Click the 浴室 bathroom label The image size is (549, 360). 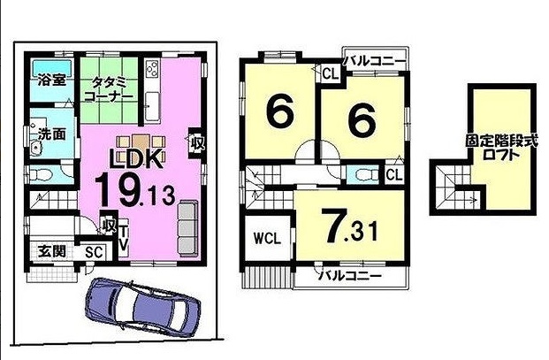(52, 80)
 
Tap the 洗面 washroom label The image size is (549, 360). (52, 134)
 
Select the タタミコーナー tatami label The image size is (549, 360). (109, 89)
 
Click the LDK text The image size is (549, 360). (136, 159)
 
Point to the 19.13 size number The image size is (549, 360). (134, 191)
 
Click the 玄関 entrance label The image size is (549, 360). (52, 251)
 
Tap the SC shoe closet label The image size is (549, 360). (95, 252)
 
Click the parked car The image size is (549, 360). (142, 308)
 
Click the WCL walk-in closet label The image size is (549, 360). (267, 239)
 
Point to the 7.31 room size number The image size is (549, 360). (349, 226)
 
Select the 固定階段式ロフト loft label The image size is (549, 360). (501, 148)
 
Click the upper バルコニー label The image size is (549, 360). (374, 62)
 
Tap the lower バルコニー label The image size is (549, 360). (349, 276)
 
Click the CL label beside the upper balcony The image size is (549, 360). (330, 74)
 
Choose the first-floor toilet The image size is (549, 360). (41, 174)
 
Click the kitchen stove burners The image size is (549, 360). (153, 68)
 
